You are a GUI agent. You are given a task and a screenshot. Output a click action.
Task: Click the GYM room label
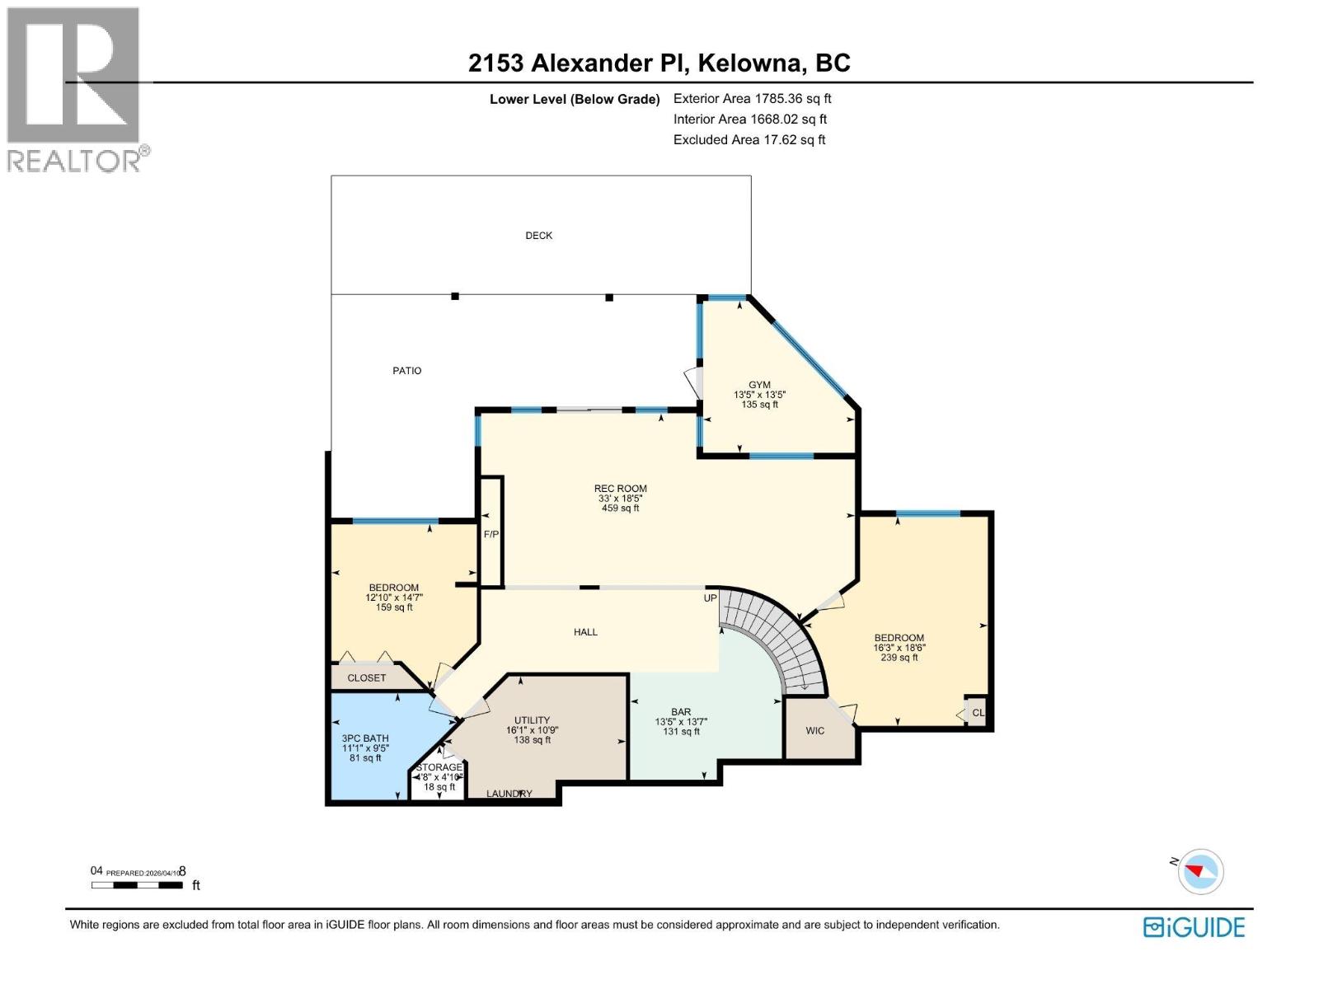[x=759, y=385]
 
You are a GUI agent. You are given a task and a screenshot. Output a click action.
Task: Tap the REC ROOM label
[x=620, y=489]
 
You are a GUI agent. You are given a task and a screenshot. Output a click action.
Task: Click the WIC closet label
[x=814, y=730]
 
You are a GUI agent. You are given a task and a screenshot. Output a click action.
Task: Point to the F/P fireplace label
[x=491, y=535]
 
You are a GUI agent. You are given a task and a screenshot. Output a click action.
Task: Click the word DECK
[x=539, y=236]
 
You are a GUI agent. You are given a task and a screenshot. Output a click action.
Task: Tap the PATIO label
[x=406, y=371]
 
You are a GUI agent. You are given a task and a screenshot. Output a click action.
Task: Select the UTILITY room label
[x=532, y=720]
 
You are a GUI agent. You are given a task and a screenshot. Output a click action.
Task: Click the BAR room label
[x=681, y=712]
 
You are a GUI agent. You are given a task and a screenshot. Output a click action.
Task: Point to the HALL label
[x=585, y=632]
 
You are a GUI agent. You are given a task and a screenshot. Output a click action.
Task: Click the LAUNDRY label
[x=509, y=794]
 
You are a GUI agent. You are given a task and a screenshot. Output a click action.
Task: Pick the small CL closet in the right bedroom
[x=978, y=713]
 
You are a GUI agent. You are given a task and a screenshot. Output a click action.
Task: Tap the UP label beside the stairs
[x=710, y=598]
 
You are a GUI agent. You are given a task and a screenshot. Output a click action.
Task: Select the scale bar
[x=137, y=885]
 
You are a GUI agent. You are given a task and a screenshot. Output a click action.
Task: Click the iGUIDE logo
[x=1194, y=927]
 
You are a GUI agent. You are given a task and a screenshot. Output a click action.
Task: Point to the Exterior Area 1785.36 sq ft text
[x=752, y=99]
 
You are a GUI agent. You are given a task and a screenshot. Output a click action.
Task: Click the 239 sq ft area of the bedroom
[x=899, y=658]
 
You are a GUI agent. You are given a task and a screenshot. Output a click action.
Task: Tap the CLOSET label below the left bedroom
[x=366, y=678]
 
